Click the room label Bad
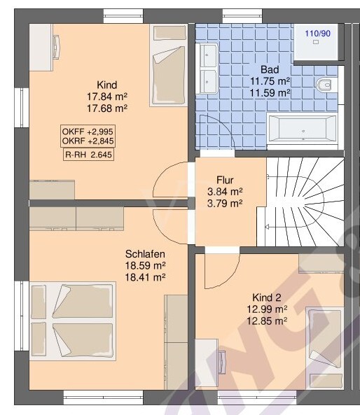(270, 69)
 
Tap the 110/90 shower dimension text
(317, 34)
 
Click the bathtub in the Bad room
(303, 130)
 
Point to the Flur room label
(225, 180)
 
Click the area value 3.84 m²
(225, 191)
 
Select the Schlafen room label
(145, 254)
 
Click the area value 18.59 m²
(145, 265)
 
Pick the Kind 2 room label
(267, 297)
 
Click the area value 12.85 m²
(267, 321)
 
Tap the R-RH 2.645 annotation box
(88, 155)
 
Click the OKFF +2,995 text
(88, 132)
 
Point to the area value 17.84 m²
(107, 97)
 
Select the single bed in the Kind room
(169, 65)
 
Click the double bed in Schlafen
(73, 321)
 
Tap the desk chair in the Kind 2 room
(222, 362)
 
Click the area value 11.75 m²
(270, 81)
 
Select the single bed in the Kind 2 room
(325, 348)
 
